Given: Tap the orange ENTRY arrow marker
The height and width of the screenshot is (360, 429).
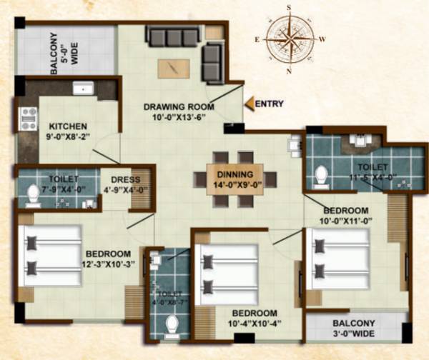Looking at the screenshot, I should point(248,104).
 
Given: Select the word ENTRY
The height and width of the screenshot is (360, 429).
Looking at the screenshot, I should point(269,104).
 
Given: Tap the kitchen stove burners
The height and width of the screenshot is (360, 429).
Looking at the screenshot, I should point(29,119).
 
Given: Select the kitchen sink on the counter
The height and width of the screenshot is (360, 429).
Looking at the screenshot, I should point(84,89).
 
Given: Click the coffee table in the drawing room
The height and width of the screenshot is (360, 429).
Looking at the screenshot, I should point(174,69).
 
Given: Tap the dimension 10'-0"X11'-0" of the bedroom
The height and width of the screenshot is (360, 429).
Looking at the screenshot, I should point(345,221).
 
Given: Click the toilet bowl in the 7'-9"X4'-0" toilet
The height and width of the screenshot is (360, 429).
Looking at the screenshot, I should point(31,192).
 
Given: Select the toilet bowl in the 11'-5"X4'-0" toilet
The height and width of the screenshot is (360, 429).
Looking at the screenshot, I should point(321,174).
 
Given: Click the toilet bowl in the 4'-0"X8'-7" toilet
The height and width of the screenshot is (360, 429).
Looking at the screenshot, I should point(172,325).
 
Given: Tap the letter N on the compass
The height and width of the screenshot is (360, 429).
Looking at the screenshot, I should point(290,71).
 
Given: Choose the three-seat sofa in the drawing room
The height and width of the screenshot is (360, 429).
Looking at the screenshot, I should point(173,35).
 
